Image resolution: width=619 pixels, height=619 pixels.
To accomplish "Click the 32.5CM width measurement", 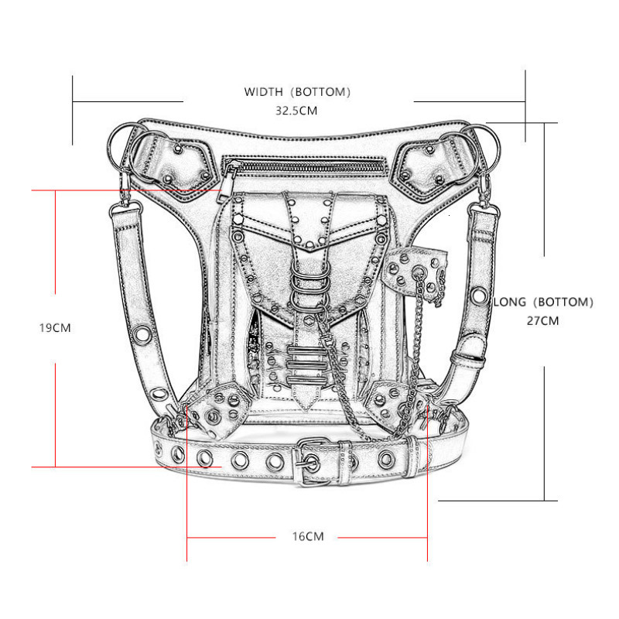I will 297,110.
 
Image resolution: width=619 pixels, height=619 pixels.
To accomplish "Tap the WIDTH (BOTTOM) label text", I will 298,91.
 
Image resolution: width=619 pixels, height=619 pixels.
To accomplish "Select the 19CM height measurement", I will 55,327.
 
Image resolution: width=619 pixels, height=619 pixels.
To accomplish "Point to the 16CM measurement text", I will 308,536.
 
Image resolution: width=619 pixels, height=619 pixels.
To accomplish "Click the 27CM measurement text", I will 542,320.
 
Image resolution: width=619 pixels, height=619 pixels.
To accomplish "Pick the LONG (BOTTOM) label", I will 543,302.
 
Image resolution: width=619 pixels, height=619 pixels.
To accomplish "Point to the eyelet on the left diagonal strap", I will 143,333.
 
